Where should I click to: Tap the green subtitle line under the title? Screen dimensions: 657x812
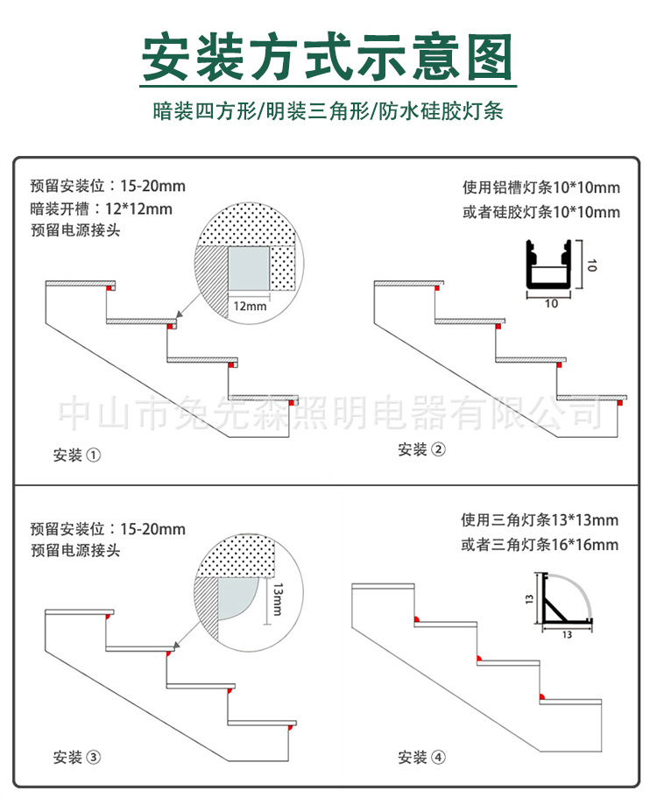[x=328, y=111]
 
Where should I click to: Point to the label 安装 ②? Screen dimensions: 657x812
[x=421, y=449]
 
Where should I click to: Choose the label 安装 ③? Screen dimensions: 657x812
[x=77, y=757]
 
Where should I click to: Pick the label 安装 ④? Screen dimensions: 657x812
[x=421, y=757]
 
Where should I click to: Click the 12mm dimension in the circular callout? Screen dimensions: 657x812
[x=250, y=307]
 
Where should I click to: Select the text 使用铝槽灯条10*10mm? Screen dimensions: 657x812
[x=540, y=187]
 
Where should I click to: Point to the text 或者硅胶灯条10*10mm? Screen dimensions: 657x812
[x=540, y=212]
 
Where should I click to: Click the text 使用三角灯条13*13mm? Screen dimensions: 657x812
[x=540, y=520]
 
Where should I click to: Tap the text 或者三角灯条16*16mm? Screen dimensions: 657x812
[x=540, y=545]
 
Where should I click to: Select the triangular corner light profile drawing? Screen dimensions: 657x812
[x=563, y=601]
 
